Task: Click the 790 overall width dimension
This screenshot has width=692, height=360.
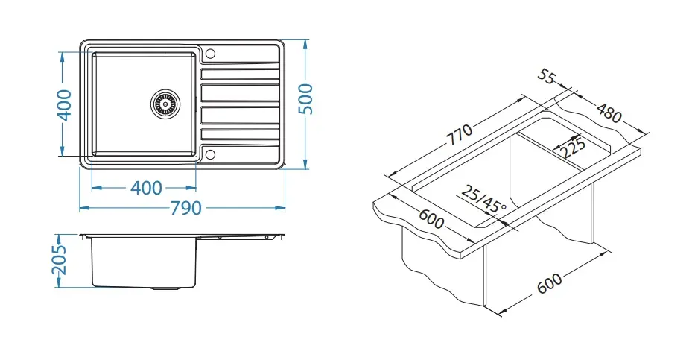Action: point(185,208)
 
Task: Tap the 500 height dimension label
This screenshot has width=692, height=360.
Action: point(305,98)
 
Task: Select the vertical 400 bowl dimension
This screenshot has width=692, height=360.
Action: point(65,104)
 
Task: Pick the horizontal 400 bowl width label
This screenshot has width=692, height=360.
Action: point(146,188)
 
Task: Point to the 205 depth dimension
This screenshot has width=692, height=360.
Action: point(59,259)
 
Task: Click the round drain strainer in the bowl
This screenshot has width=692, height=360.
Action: point(165,104)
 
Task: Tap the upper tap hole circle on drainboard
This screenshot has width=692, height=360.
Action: point(211,54)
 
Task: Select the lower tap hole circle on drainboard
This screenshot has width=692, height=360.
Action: point(211,154)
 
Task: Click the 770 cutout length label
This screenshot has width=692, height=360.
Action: point(459,135)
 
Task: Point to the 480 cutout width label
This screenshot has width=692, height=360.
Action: point(609,113)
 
